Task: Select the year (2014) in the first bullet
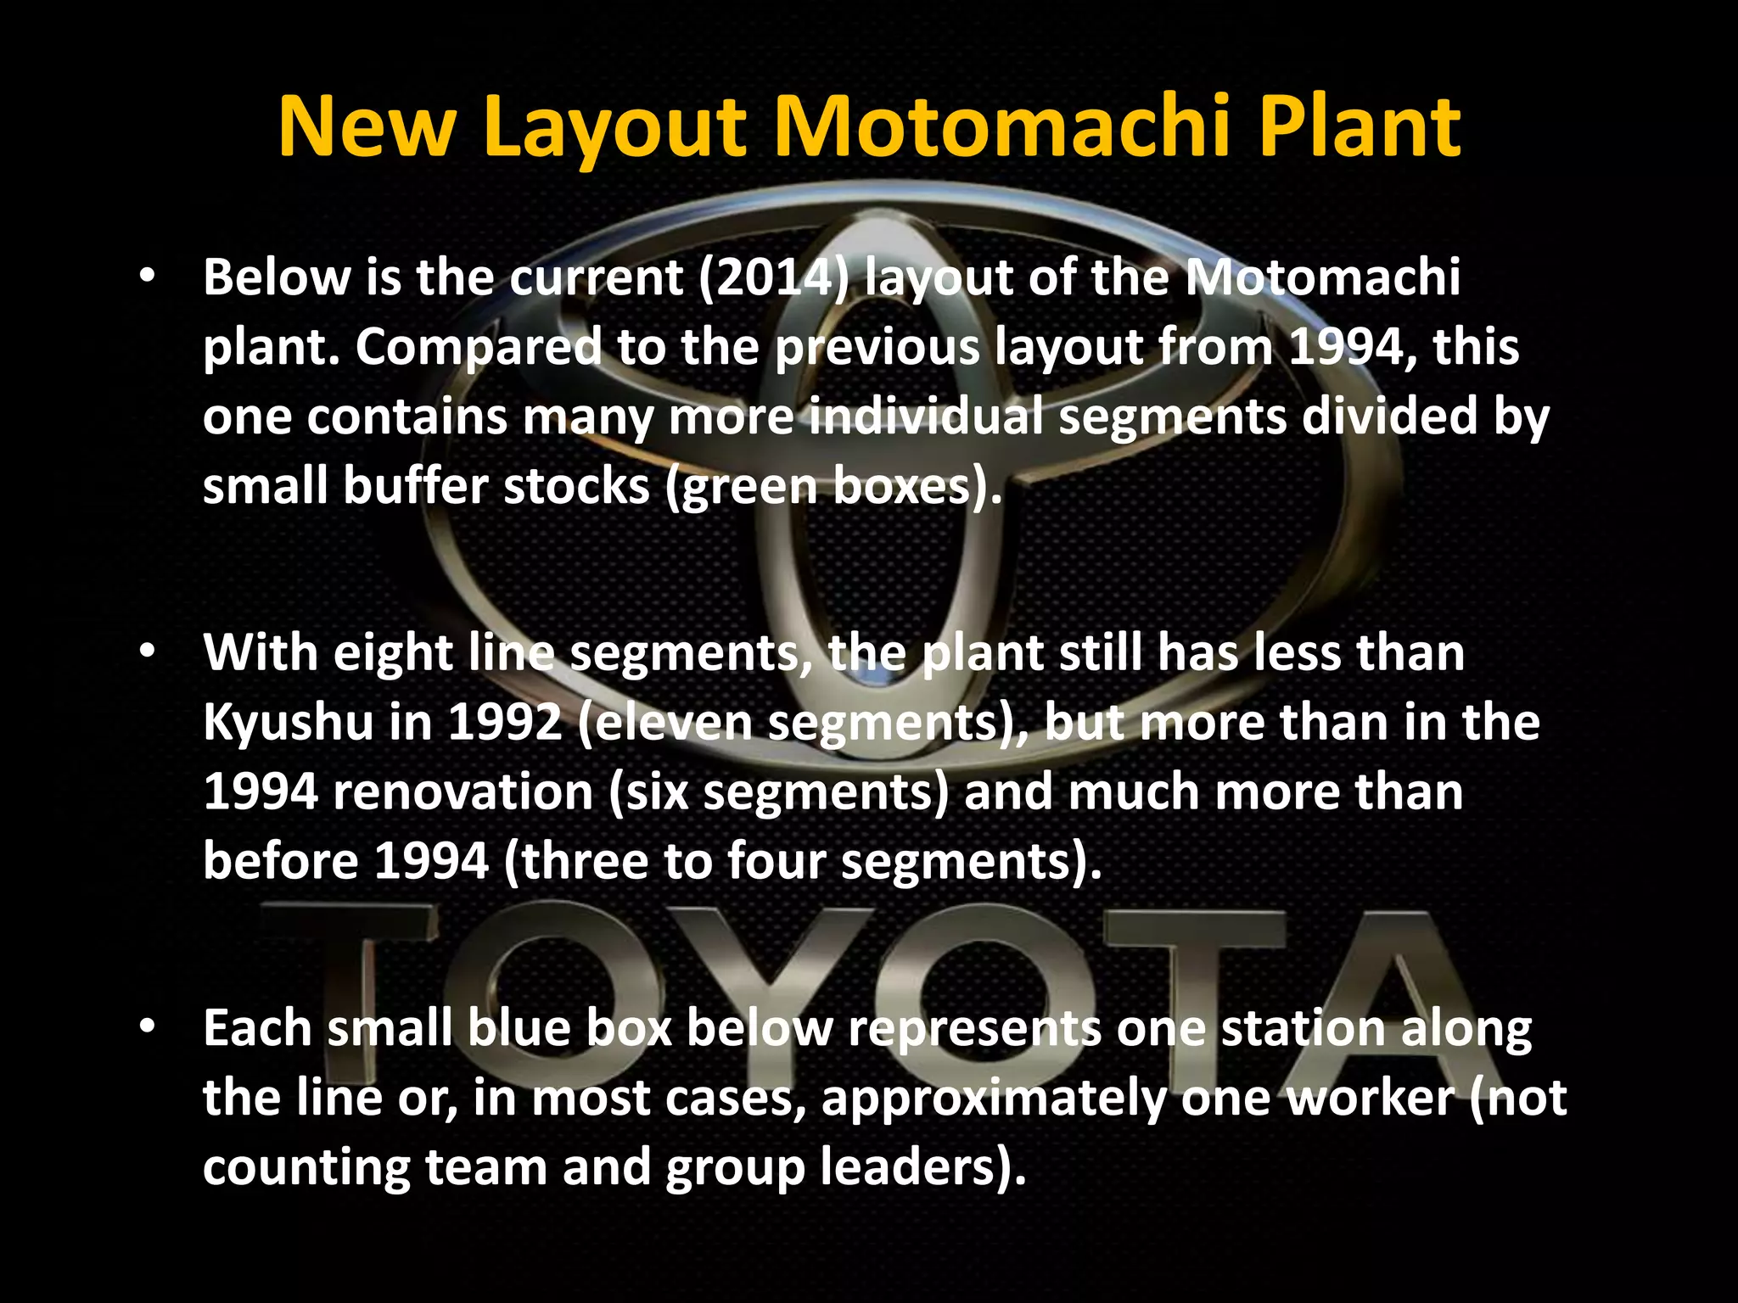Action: click(x=773, y=277)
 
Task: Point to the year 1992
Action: click(x=505, y=722)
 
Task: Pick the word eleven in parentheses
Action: click(x=669, y=722)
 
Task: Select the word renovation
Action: click(x=463, y=791)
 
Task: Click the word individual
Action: click(x=926, y=417)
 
